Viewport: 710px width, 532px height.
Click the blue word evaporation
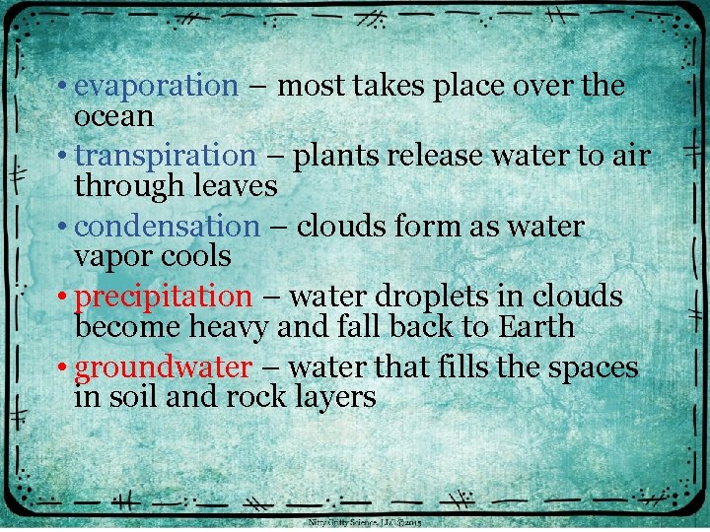click(x=156, y=87)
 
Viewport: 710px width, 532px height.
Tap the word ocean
click(x=114, y=116)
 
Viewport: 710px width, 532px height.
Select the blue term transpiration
click(x=165, y=157)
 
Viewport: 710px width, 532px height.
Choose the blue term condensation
click(x=167, y=227)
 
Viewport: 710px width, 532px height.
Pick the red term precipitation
click(x=164, y=297)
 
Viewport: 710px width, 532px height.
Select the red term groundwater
click(x=164, y=367)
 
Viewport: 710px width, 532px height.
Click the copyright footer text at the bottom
click(x=365, y=523)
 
